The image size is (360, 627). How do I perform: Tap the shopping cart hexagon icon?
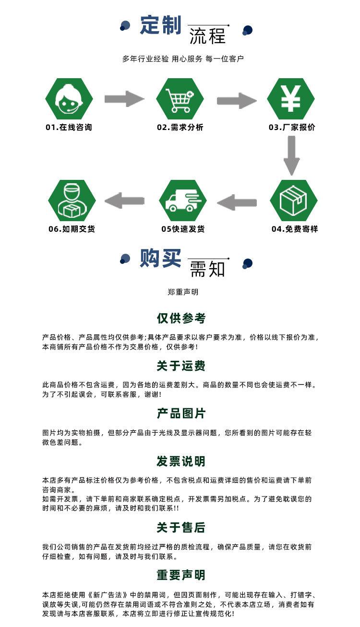[x=180, y=99]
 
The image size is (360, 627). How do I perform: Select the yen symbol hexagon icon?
[x=290, y=99]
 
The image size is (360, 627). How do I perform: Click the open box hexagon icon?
[x=293, y=201]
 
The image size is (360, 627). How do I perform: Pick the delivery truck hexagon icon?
[x=182, y=201]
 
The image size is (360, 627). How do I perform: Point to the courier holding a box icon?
[x=72, y=201]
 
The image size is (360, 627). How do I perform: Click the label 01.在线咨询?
[x=69, y=127]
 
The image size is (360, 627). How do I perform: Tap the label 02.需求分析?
[x=180, y=127]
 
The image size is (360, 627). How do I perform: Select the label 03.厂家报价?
[x=291, y=127]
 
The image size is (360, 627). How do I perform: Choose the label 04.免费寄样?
[x=294, y=229]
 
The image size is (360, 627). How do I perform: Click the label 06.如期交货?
[x=72, y=229]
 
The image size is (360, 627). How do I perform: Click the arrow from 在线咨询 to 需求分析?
[x=124, y=99]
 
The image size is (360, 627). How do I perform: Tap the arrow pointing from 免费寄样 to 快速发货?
[x=237, y=202]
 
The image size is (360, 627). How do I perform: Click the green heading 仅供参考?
[x=180, y=318]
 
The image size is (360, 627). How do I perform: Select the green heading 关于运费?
[x=180, y=366]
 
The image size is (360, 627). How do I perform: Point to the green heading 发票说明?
[x=180, y=461]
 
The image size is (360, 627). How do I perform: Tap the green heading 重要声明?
[x=180, y=575]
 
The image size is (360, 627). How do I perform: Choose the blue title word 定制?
[x=160, y=25]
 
